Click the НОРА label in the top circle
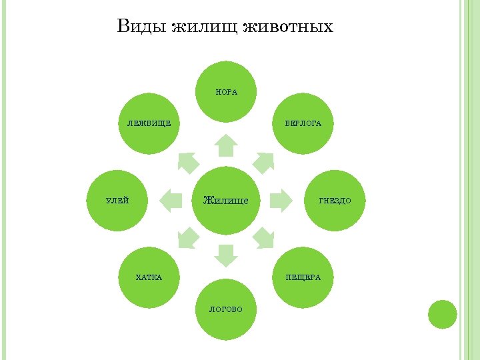click(x=227, y=92)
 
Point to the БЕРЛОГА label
click(x=303, y=123)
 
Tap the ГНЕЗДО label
click(x=335, y=200)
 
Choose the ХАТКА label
click(x=148, y=277)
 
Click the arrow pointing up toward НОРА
click(x=227, y=145)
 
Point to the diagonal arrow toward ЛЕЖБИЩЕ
click(x=188, y=161)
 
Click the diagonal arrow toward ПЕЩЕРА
click(x=265, y=238)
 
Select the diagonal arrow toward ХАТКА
click(x=188, y=238)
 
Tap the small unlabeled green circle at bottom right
click(x=441, y=314)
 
